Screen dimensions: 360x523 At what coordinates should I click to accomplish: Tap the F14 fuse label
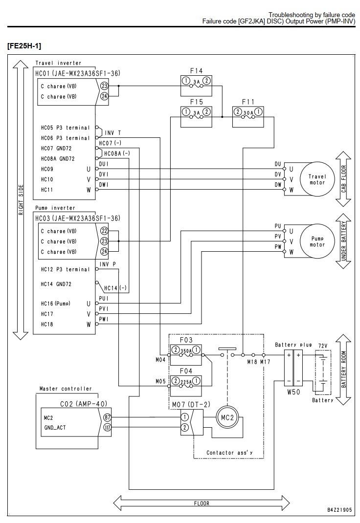(x=196, y=71)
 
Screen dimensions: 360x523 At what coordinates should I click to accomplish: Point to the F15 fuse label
(x=196, y=102)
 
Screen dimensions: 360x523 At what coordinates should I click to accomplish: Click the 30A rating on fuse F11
(x=248, y=113)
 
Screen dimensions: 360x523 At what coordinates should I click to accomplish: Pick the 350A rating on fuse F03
(x=186, y=351)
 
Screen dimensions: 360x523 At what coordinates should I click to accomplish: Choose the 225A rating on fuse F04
(x=186, y=382)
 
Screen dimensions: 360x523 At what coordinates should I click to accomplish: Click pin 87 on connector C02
(x=107, y=417)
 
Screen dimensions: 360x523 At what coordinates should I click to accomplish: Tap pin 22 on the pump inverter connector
(x=105, y=231)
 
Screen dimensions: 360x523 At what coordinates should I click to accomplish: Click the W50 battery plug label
(x=293, y=392)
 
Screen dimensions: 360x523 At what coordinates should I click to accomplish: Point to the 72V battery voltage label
(x=323, y=346)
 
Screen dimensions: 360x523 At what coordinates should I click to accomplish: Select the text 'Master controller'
(x=66, y=389)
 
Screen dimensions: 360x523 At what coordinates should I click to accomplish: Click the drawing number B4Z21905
(x=339, y=510)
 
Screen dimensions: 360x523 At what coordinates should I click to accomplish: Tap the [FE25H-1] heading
(x=24, y=46)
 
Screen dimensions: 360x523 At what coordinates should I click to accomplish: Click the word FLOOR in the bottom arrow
(x=202, y=503)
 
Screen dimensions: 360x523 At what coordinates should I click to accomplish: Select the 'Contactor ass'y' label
(x=229, y=453)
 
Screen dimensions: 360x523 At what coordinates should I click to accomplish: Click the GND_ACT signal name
(x=55, y=428)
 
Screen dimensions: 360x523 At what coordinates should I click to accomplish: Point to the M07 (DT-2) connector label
(x=191, y=405)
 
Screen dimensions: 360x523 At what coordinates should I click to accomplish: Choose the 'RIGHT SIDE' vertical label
(x=21, y=200)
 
